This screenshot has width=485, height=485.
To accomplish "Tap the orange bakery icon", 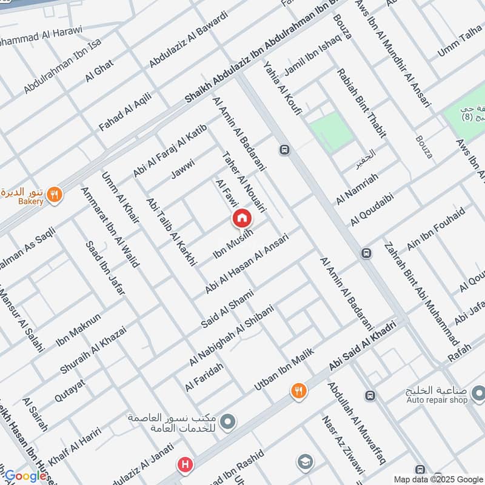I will (x=55, y=194).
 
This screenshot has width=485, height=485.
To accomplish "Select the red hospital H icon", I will (x=184, y=466).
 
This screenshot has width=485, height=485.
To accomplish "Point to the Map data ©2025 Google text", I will (x=436, y=479).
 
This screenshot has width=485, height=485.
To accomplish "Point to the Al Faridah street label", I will (x=204, y=376).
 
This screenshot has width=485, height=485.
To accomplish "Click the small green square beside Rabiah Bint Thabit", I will (x=330, y=130).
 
